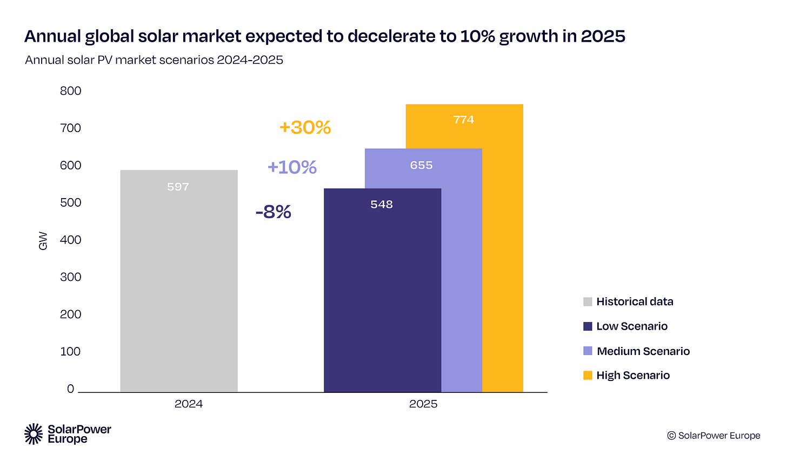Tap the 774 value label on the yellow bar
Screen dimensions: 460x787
click(464, 120)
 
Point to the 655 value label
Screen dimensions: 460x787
click(421, 165)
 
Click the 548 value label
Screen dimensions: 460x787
click(382, 205)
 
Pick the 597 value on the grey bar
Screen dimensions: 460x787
click(178, 187)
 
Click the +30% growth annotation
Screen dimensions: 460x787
click(305, 128)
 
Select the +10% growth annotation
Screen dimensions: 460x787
click(292, 167)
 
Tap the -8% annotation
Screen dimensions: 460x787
click(273, 212)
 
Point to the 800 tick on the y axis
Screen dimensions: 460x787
click(71, 91)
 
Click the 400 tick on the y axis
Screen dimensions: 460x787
click(71, 240)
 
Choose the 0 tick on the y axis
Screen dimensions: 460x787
click(71, 389)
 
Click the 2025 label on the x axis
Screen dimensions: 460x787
click(423, 404)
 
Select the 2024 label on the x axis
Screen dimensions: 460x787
click(189, 404)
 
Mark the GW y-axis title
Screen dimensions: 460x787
click(43, 241)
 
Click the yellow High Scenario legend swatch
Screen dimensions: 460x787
click(588, 376)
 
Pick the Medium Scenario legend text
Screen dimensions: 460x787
click(643, 351)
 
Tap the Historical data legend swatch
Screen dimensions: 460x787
click(588, 302)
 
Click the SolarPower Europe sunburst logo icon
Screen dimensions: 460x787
click(34, 434)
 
